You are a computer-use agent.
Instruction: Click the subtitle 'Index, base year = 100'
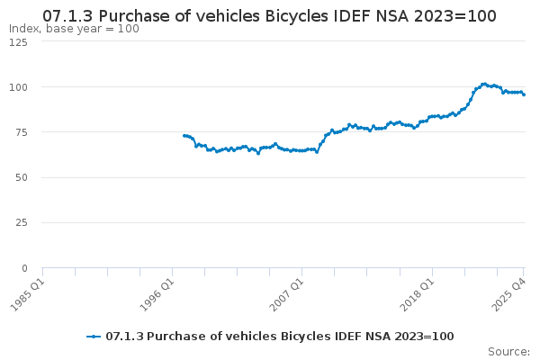point(74,29)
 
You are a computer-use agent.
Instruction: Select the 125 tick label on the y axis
point(17,42)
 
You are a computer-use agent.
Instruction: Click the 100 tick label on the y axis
point(17,87)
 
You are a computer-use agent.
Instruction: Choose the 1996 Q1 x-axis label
point(158,292)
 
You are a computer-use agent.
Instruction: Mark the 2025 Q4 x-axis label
point(510,292)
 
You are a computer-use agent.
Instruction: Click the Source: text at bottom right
point(508,351)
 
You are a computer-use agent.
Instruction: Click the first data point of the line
point(184,136)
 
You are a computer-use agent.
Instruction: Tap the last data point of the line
point(524,94)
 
